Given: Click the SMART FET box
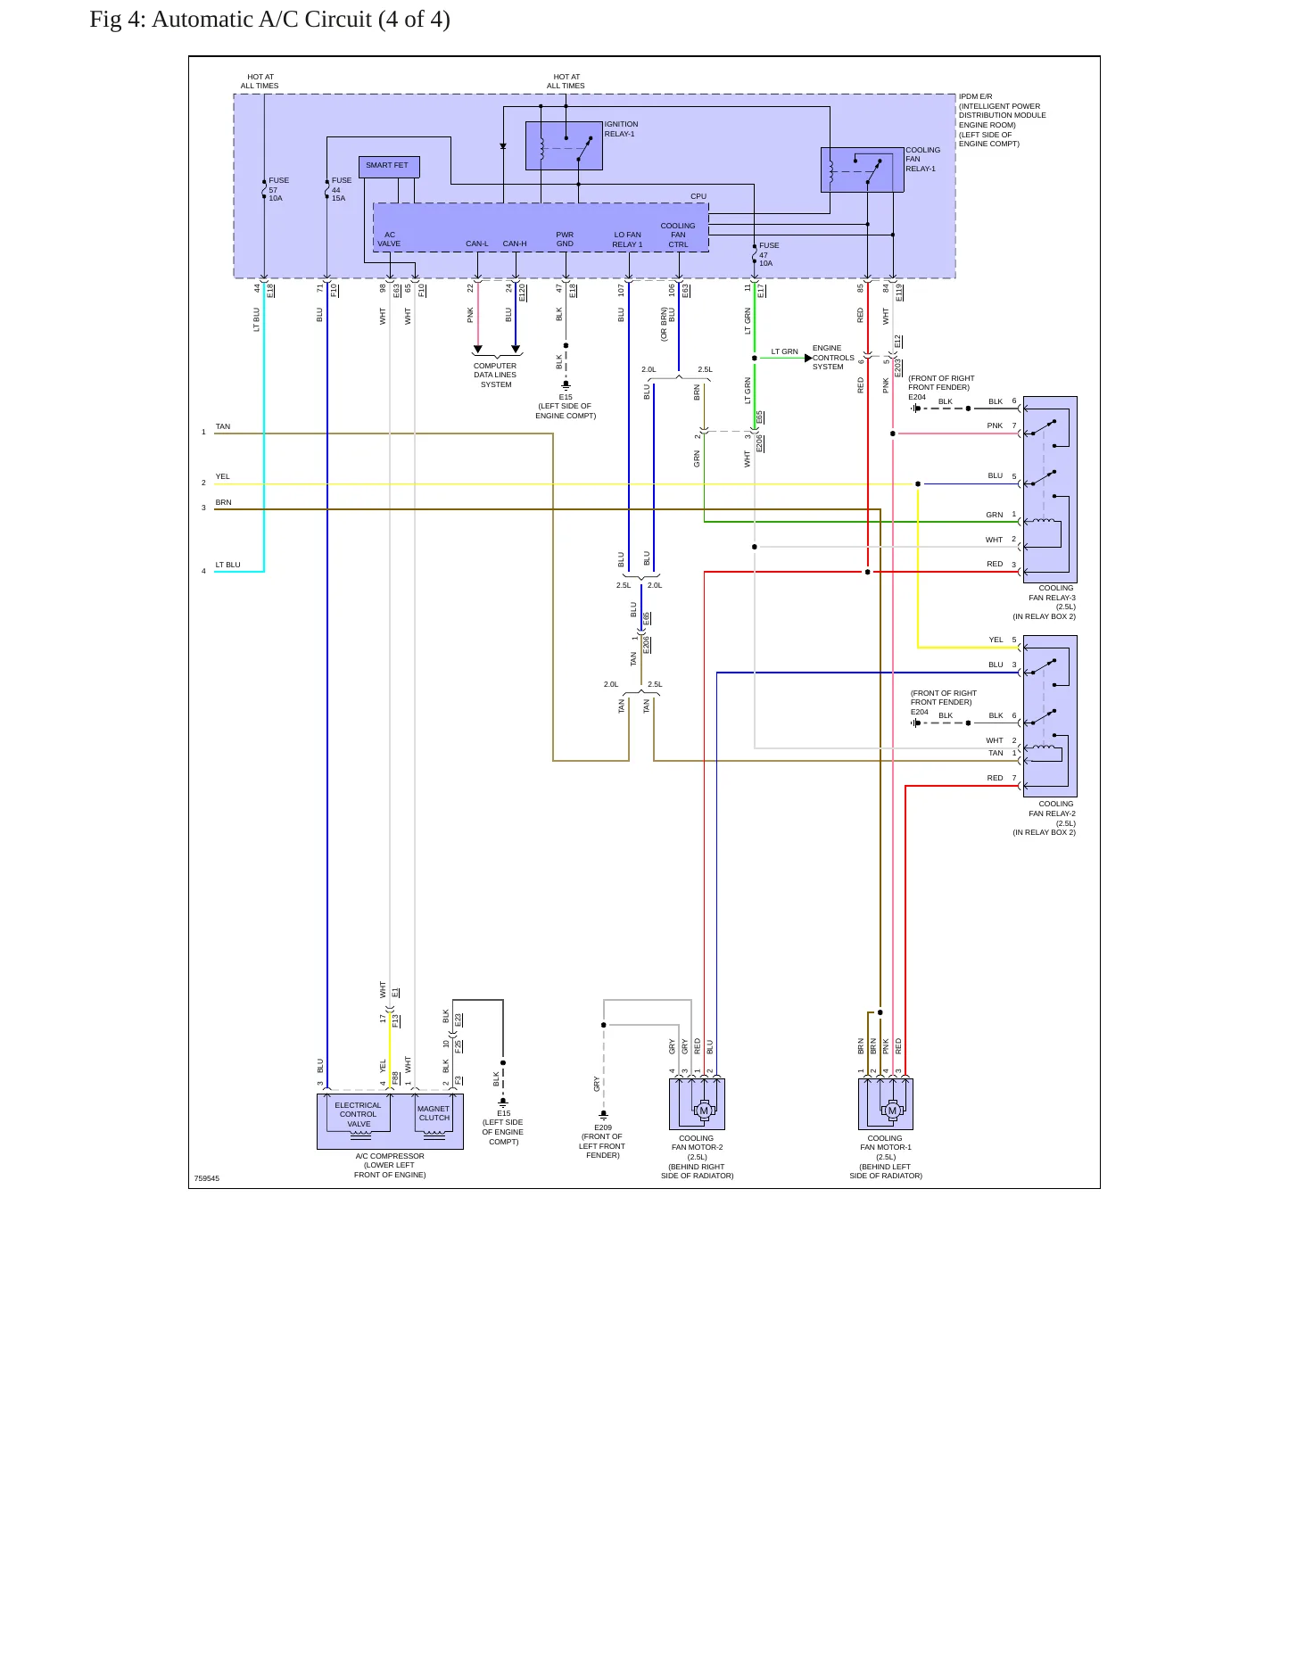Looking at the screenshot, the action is click(389, 167).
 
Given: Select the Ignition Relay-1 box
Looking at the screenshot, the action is click(564, 145).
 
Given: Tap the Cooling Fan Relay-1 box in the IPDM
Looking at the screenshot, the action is click(862, 169).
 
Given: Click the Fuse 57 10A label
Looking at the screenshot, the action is click(278, 189).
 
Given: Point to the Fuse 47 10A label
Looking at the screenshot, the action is click(769, 254).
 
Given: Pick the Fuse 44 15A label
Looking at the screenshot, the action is click(342, 189).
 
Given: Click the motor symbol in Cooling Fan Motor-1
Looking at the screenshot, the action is click(892, 1111).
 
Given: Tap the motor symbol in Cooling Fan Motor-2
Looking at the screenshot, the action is click(703, 1111).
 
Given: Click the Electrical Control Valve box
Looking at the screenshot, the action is click(359, 1115).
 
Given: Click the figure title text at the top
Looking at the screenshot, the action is click(269, 20).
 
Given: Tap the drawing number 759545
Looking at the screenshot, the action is click(207, 1178).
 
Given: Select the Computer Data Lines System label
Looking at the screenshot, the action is click(495, 376).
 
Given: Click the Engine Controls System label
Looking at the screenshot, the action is click(833, 358).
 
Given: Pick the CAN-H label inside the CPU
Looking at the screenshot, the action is click(515, 244).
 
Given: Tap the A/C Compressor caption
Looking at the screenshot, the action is click(390, 1165).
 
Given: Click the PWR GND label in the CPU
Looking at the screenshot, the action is click(565, 239).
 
